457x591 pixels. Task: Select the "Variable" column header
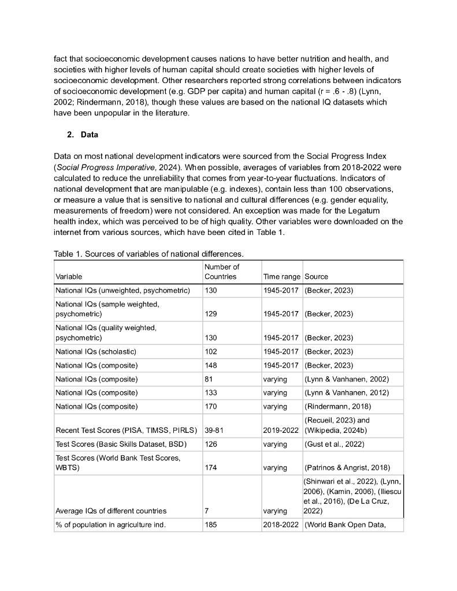69,276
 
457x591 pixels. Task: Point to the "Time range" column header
281,276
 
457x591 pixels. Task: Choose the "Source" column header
316,276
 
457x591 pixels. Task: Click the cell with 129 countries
211,314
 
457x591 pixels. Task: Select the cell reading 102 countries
211,351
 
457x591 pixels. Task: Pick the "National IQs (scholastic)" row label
96,351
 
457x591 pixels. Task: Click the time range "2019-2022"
281,429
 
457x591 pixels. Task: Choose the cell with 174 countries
211,467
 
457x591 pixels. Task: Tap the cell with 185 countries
211,525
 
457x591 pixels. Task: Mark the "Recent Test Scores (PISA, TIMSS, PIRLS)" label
127,429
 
